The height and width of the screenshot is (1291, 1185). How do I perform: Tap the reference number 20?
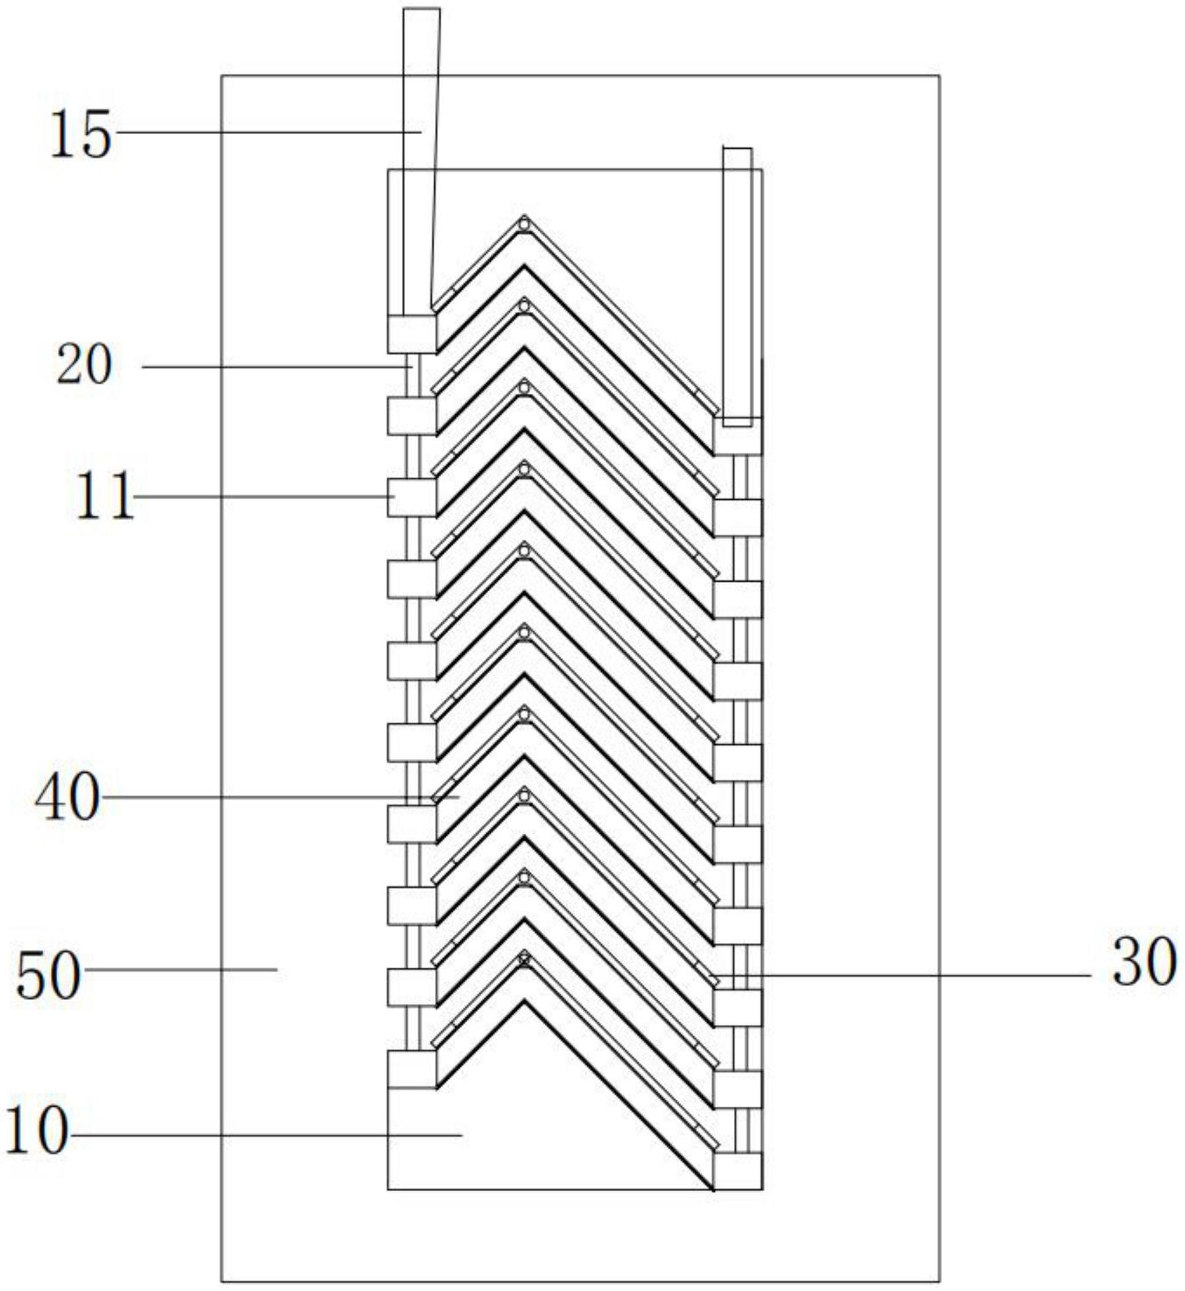click(84, 365)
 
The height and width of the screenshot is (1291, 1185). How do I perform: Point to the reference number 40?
click(68, 797)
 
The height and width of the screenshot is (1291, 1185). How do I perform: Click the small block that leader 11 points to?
click(412, 497)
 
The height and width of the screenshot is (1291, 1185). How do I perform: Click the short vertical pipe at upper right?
click(737, 286)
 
